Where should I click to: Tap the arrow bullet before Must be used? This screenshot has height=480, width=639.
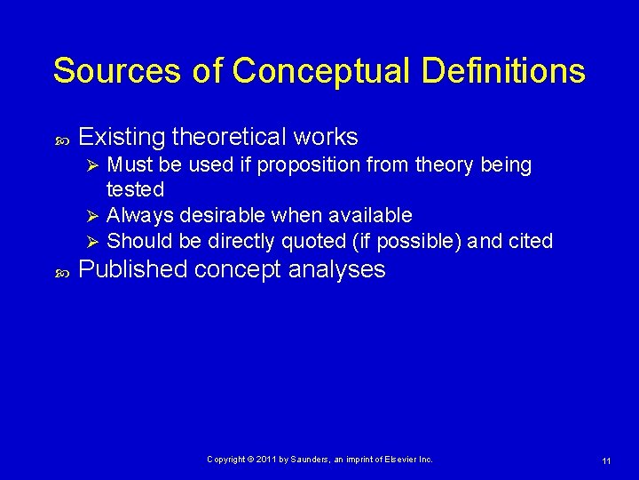pos(91,165)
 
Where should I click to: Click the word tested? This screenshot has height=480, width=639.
pos(135,189)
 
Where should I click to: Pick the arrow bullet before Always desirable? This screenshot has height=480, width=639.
pos(91,215)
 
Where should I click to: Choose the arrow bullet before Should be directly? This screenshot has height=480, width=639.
pos(91,241)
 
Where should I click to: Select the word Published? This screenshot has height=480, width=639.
pos(133,270)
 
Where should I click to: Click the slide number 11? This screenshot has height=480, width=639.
pos(605,460)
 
